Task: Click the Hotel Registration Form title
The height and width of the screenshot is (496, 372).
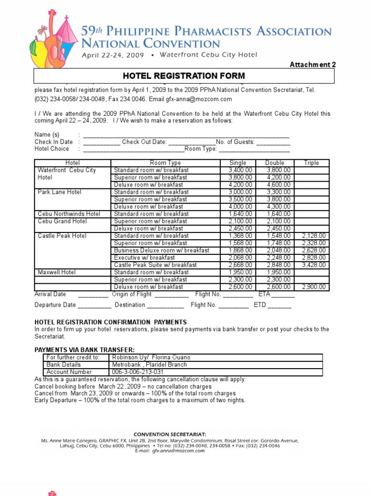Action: (x=184, y=76)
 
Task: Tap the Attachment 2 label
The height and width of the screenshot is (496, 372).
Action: (x=313, y=65)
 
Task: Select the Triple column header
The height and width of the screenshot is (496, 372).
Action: (x=311, y=163)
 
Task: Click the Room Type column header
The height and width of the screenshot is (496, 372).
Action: (x=165, y=163)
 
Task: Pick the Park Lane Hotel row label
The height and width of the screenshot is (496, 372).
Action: (x=60, y=192)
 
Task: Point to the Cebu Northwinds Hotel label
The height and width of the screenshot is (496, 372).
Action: (x=69, y=214)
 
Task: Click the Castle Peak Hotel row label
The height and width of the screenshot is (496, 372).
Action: (x=62, y=236)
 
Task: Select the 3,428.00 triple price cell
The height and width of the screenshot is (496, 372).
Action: (x=313, y=265)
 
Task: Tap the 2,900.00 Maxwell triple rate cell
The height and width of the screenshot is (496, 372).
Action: (x=313, y=287)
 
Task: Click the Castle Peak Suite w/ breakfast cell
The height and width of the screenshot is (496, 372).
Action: (x=155, y=265)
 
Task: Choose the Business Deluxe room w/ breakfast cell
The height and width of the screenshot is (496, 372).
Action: (x=161, y=250)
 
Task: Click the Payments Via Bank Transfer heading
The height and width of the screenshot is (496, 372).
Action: (x=84, y=350)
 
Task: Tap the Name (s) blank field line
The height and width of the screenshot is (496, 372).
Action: (x=186, y=135)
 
